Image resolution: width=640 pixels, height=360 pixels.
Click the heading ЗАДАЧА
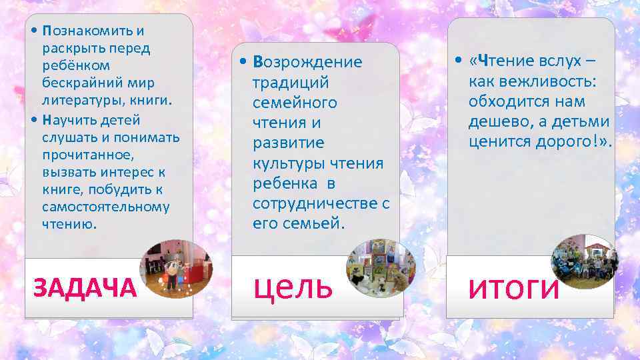tap(85, 288)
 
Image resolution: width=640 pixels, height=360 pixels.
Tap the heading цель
tap(293, 286)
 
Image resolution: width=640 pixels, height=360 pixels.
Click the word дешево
tap(504, 122)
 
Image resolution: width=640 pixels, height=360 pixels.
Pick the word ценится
tap(501, 142)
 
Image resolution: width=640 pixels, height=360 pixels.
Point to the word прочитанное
tap(88, 155)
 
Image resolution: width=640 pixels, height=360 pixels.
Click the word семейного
tap(295, 103)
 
